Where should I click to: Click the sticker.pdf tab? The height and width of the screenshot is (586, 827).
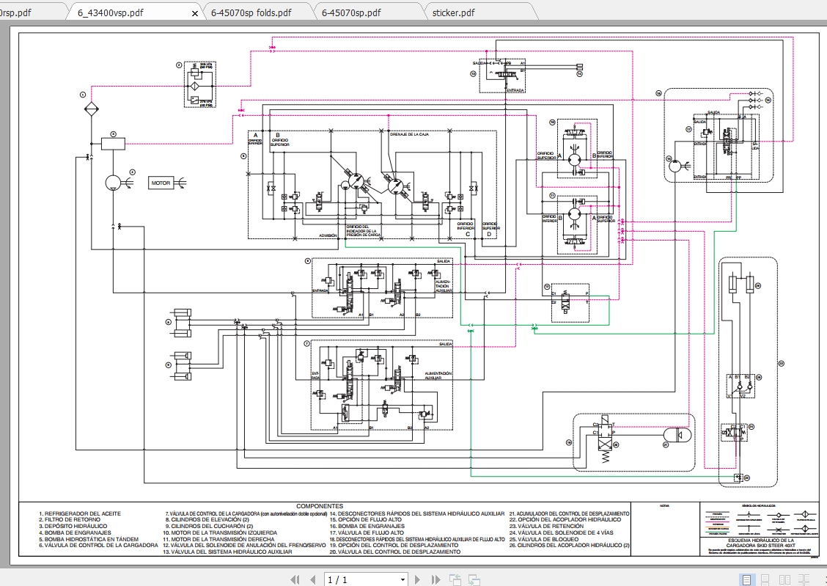tap(453, 12)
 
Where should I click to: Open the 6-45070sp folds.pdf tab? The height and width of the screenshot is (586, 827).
tap(251, 12)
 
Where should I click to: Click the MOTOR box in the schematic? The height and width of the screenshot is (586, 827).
tap(161, 183)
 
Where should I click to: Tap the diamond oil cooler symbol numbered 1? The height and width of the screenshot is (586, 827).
tap(91, 110)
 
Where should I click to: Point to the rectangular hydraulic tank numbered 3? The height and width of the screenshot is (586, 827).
tap(113, 144)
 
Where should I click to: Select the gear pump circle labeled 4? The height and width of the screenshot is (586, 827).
tap(113, 182)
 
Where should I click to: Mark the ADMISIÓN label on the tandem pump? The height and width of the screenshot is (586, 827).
tap(328, 235)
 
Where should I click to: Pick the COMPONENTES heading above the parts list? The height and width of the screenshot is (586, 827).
tap(320, 506)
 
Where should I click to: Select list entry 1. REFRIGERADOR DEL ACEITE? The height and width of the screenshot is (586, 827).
tap(81, 513)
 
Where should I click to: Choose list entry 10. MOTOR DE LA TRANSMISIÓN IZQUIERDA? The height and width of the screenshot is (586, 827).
tap(221, 532)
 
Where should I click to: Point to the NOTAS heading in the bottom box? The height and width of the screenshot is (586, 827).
tap(665, 506)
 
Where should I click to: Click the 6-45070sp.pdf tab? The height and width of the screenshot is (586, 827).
tap(351, 12)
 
